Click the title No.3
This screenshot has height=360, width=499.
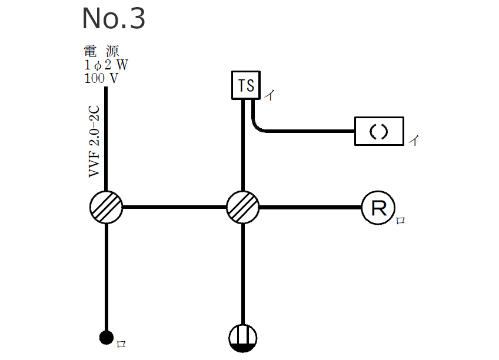coord(114,19)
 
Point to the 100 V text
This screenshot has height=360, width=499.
coord(101,78)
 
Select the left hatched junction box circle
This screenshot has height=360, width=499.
coord(107,207)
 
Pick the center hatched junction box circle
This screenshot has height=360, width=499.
coord(243,207)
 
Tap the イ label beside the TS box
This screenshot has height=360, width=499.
coord(268,95)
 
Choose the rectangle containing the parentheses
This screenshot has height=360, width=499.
coord(379,131)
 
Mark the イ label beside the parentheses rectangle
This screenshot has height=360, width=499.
coord(414,141)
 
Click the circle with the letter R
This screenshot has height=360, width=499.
coord(377,208)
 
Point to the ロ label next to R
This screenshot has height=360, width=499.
coord(400,222)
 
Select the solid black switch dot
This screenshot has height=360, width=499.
coord(106,338)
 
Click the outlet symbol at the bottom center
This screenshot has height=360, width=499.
coord(243,338)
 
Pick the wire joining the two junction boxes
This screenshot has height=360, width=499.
coord(175,207)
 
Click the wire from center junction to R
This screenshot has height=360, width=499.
coord(310,207)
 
